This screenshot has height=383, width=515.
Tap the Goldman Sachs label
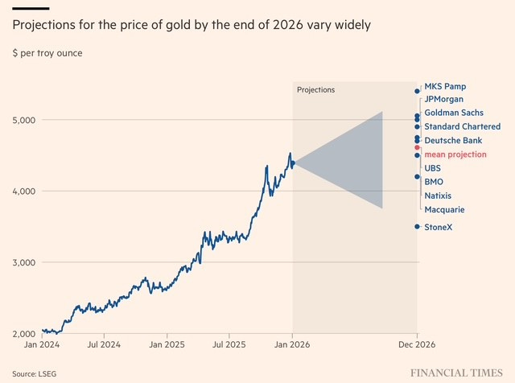pos(454,113)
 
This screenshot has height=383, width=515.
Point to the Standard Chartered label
pos(462,126)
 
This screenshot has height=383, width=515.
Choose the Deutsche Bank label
pos(453,140)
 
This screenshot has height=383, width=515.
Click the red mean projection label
pos(455,154)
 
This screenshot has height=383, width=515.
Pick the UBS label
pos(433,168)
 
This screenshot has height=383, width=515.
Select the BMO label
pos(434,182)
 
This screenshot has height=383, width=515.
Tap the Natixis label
pos(438,196)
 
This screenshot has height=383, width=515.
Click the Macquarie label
pos(444,209)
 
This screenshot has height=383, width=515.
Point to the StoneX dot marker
pos(417,227)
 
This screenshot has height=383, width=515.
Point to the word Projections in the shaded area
pos(316,89)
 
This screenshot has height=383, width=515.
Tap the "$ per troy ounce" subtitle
pos(47,53)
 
